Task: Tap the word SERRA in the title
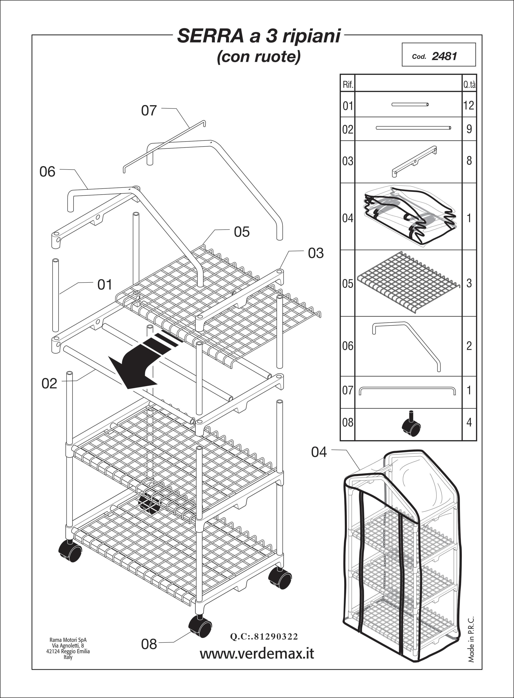click(210, 36)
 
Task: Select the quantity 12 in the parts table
click(469, 105)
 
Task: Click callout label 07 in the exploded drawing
click(149, 110)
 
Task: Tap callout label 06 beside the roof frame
click(47, 172)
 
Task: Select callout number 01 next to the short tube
click(105, 285)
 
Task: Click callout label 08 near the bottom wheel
click(149, 644)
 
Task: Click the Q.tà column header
click(469, 84)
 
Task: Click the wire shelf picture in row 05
click(408, 283)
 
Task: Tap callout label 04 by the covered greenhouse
click(319, 452)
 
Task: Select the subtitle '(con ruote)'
click(259, 57)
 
